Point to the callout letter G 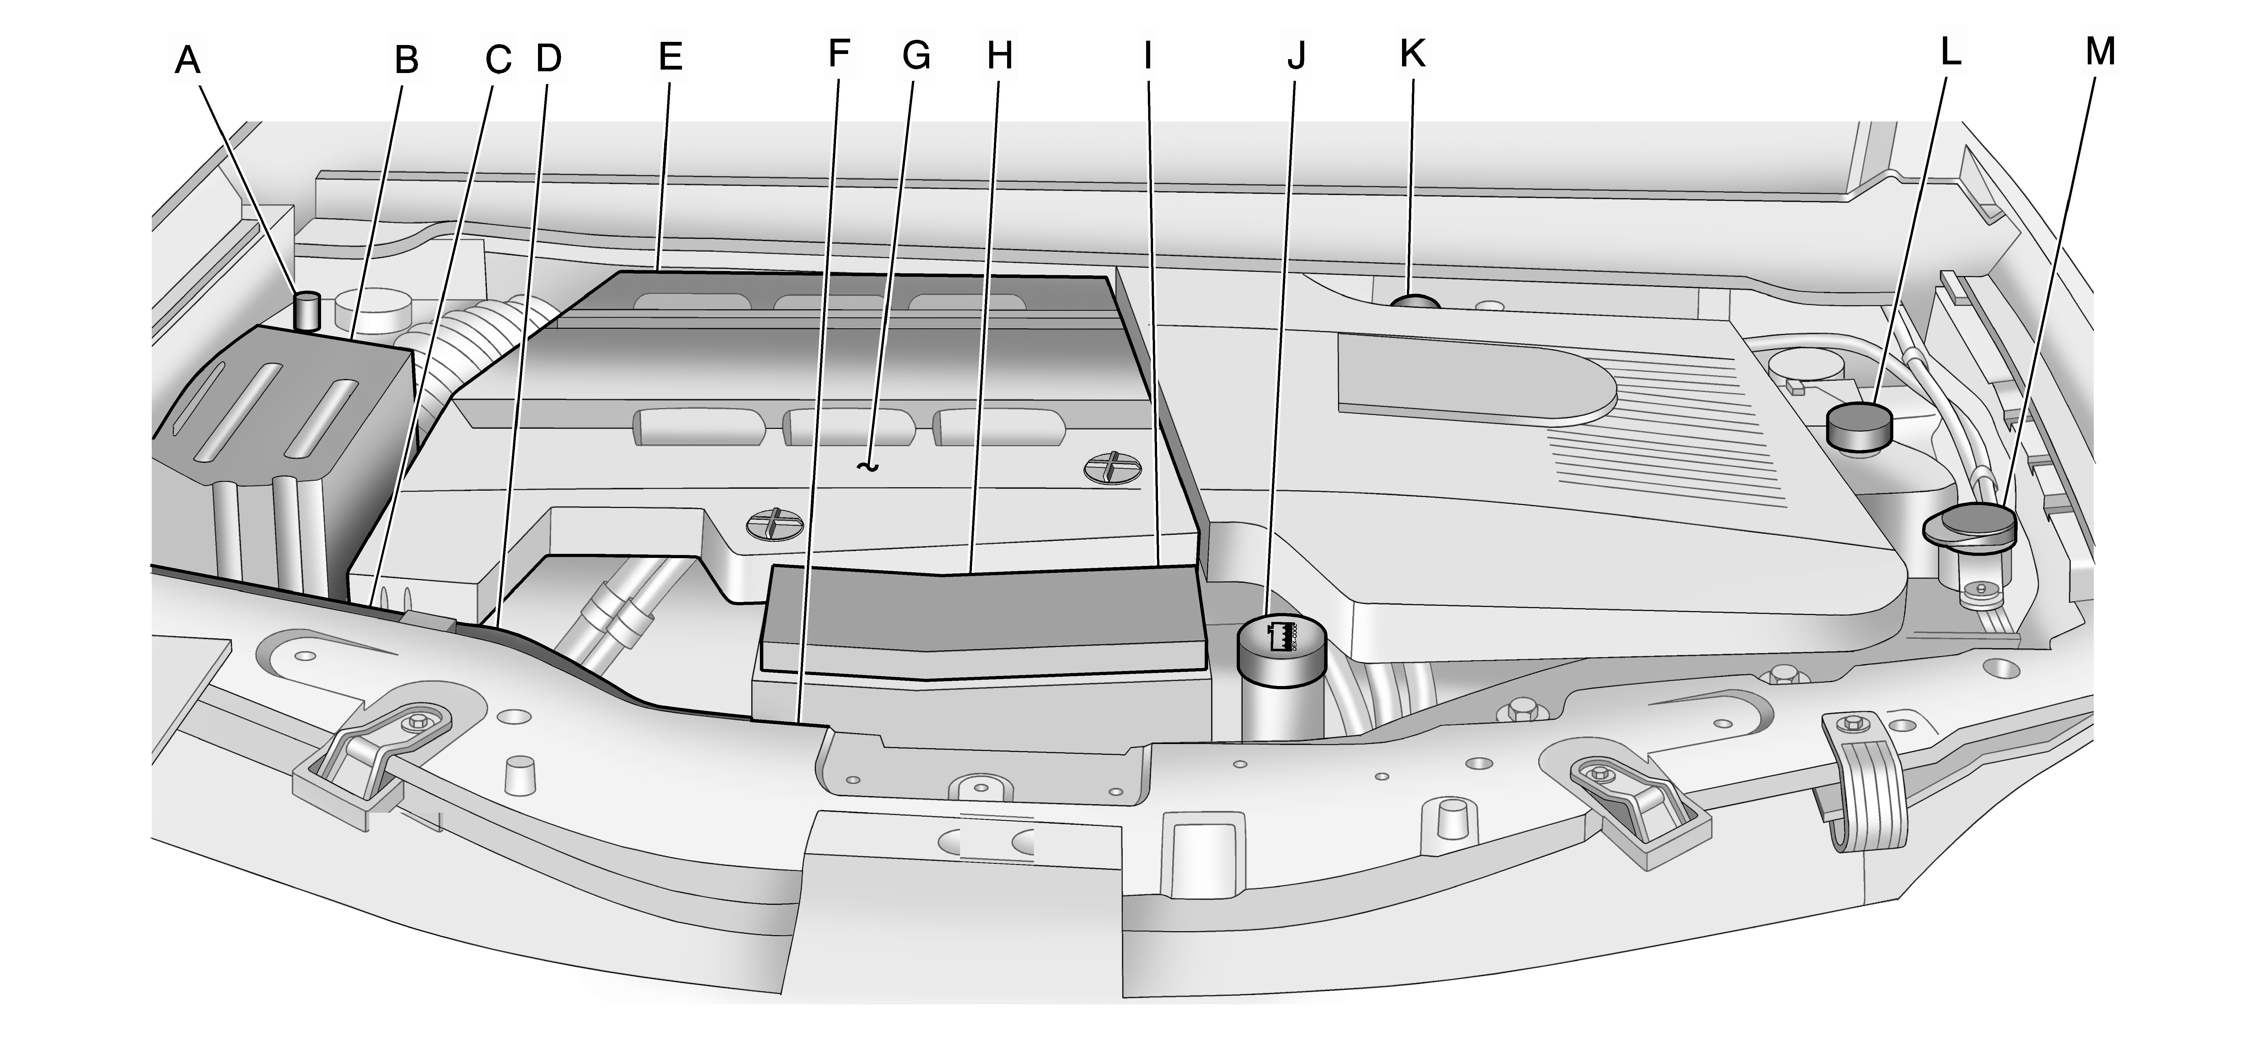(x=917, y=55)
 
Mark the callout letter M (x=2100, y=52)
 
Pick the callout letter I (x=1147, y=56)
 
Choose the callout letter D (x=548, y=58)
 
